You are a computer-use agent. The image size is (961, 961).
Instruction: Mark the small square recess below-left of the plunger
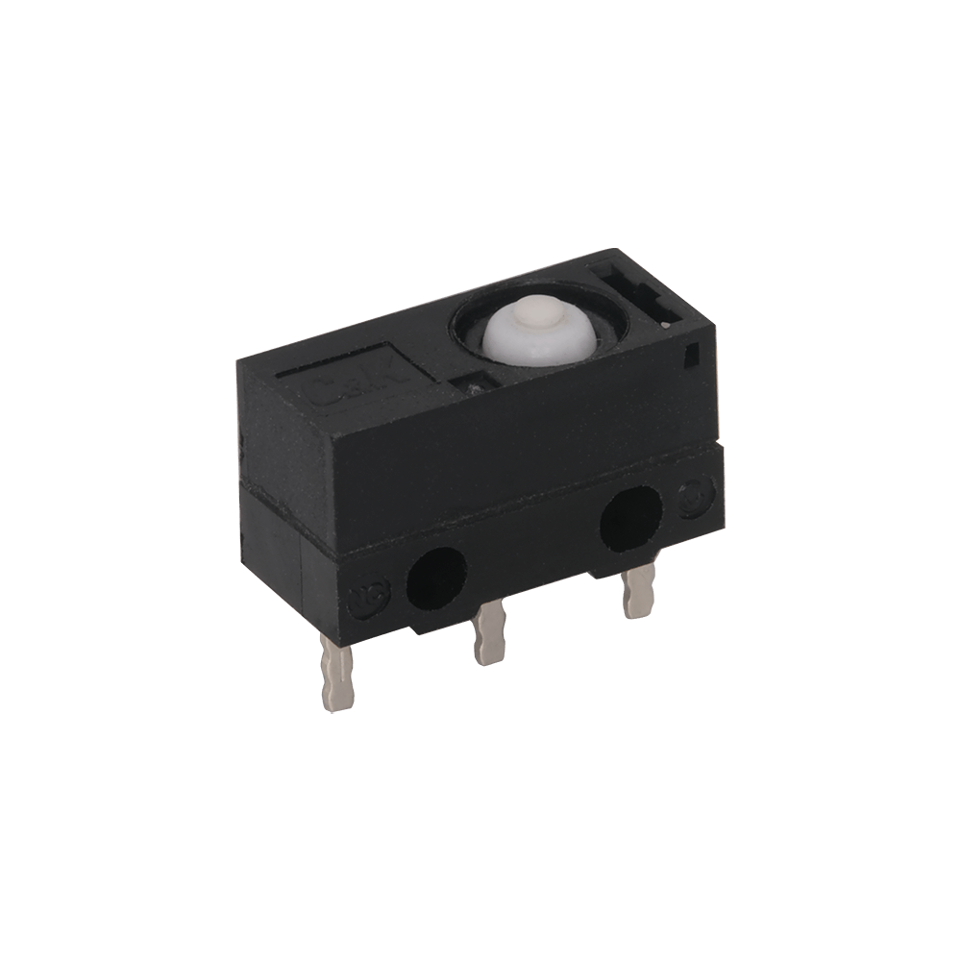click(x=474, y=383)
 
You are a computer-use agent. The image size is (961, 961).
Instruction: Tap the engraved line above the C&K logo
click(x=317, y=369)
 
